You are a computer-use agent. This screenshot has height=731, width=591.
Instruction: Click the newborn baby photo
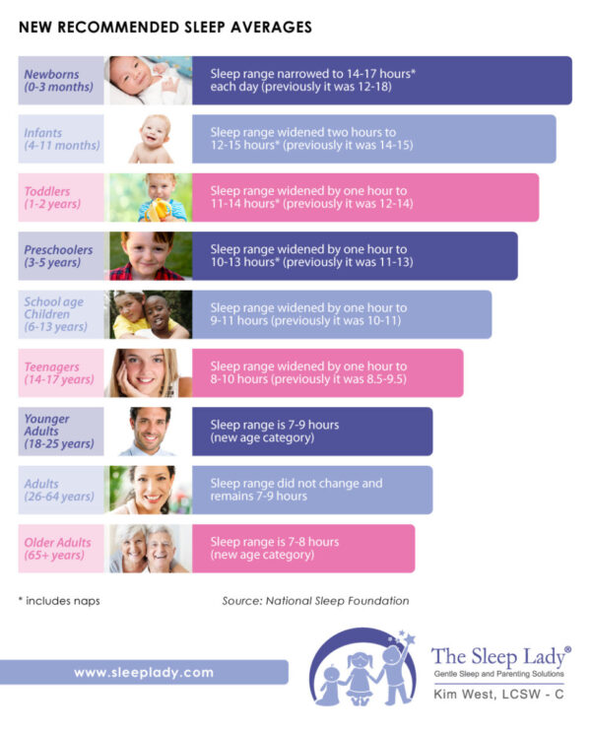(x=149, y=81)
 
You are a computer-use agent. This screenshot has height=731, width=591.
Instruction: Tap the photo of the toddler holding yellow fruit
(x=149, y=198)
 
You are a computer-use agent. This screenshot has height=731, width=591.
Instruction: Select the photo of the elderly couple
(x=149, y=549)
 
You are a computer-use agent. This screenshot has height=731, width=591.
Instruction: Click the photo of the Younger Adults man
(x=149, y=432)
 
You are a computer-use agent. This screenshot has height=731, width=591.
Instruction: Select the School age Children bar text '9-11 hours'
(x=237, y=321)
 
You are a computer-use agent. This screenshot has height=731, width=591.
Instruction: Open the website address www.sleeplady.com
(x=144, y=672)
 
